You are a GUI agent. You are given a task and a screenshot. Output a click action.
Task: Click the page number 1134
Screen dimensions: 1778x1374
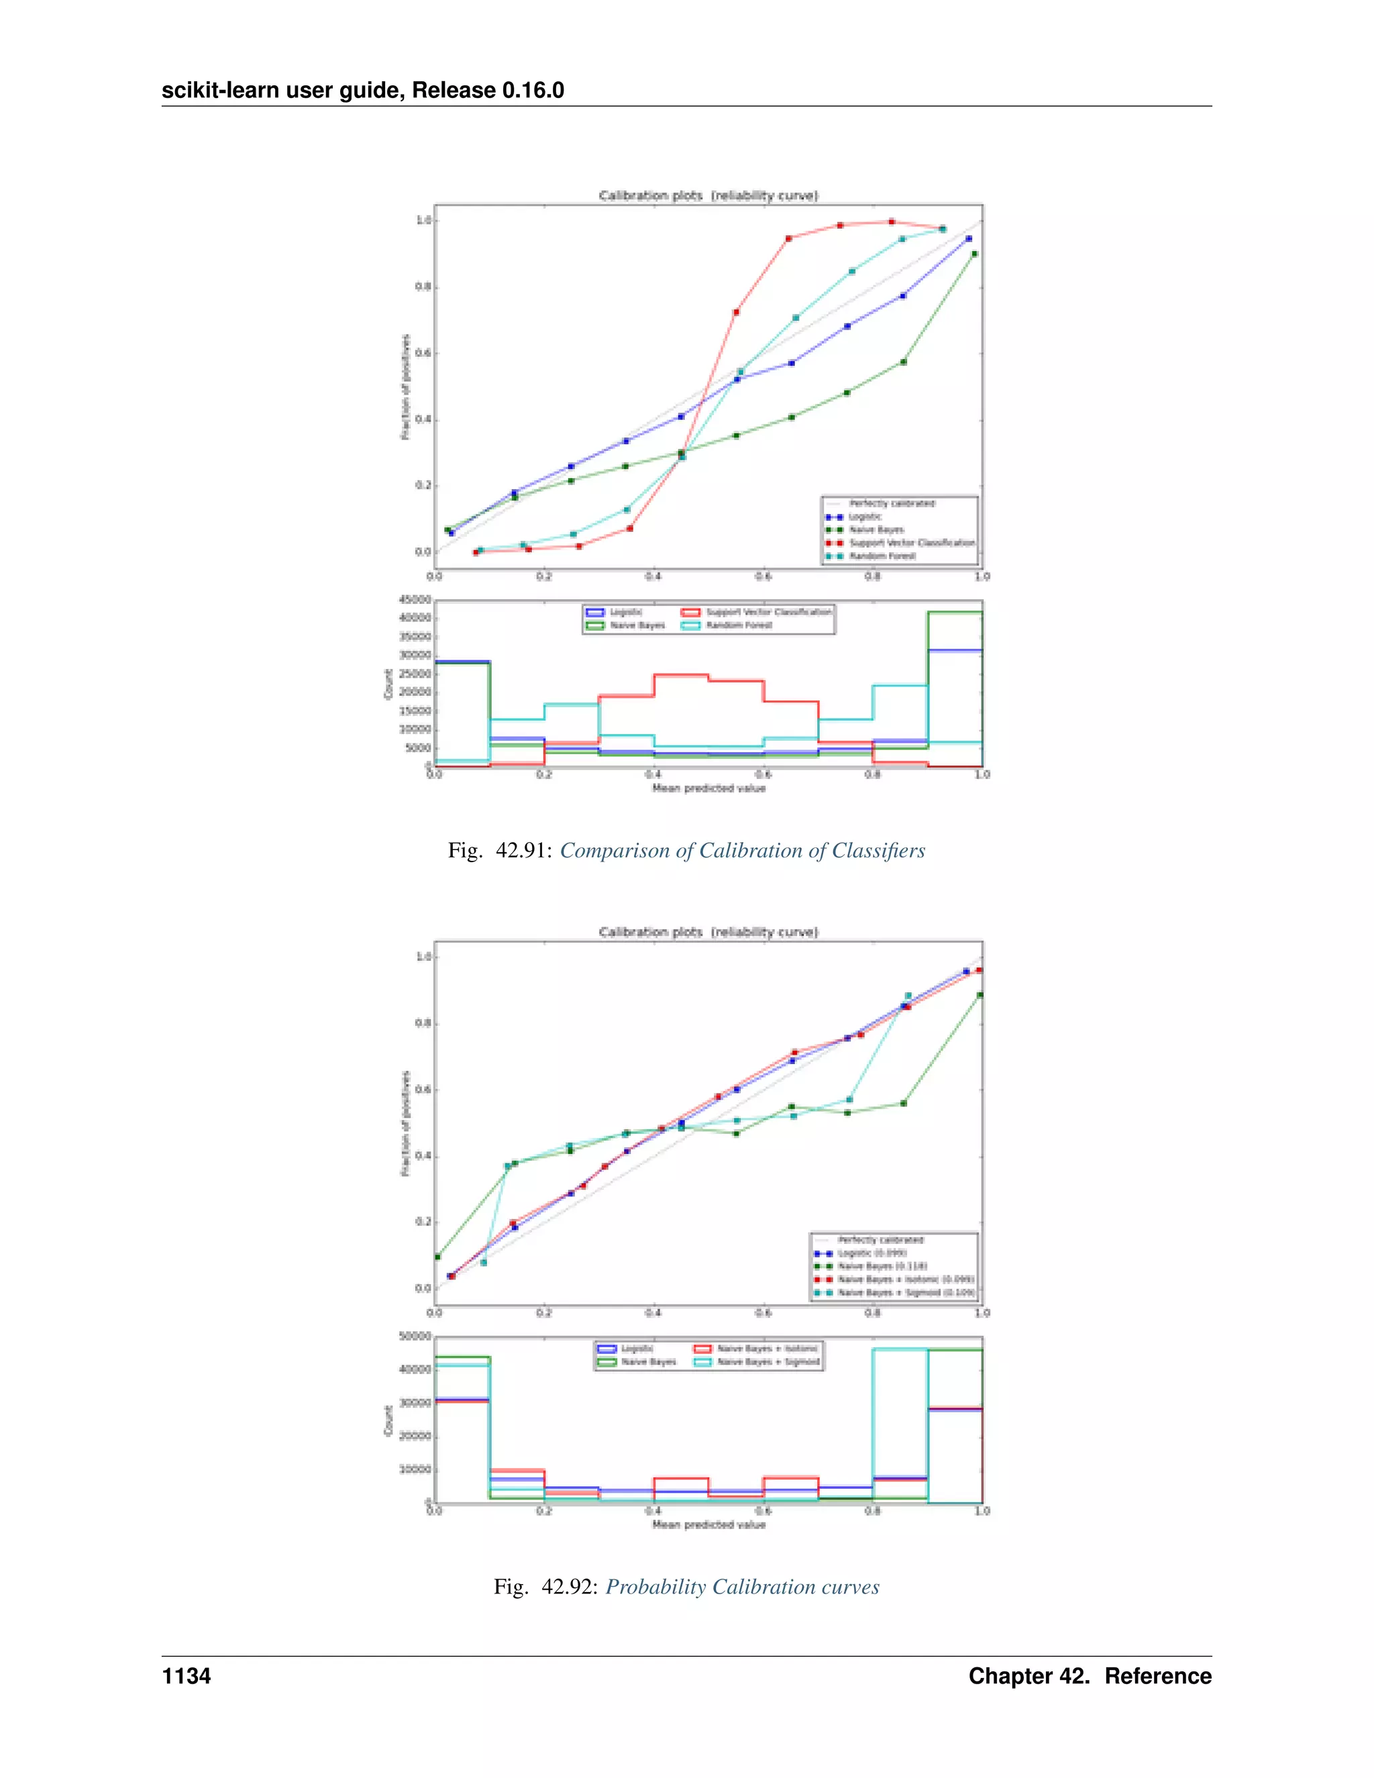(x=187, y=1675)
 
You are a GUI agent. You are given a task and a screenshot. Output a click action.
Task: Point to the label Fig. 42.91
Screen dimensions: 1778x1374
(x=500, y=851)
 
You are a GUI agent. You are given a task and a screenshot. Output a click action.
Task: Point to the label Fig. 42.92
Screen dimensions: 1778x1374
(x=545, y=1587)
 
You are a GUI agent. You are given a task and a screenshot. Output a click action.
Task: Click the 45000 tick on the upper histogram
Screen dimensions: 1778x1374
(x=415, y=599)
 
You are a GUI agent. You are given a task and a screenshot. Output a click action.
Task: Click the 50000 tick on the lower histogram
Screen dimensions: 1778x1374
(x=415, y=1336)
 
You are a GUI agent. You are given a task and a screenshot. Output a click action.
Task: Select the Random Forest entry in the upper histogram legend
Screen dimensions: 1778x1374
(x=738, y=625)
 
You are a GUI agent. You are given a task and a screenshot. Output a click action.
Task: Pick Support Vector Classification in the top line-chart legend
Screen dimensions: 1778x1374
(x=911, y=542)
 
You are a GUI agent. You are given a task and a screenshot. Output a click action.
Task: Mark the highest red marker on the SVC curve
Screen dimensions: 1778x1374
(x=892, y=221)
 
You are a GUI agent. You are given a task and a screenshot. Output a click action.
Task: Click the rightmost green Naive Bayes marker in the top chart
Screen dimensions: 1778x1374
(x=974, y=254)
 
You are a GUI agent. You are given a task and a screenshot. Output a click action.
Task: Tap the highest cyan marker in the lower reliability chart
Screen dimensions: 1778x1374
(x=908, y=996)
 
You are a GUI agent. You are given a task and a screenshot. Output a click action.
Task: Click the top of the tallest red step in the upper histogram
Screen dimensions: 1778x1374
(x=680, y=675)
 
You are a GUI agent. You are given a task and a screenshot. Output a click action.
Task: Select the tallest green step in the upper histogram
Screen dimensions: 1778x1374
(x=954, y=612)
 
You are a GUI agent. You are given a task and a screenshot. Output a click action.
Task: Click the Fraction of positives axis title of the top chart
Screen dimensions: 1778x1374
(x=405, y=386)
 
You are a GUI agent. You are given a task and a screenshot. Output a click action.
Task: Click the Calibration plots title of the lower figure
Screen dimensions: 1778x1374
(x=708, y=931)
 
